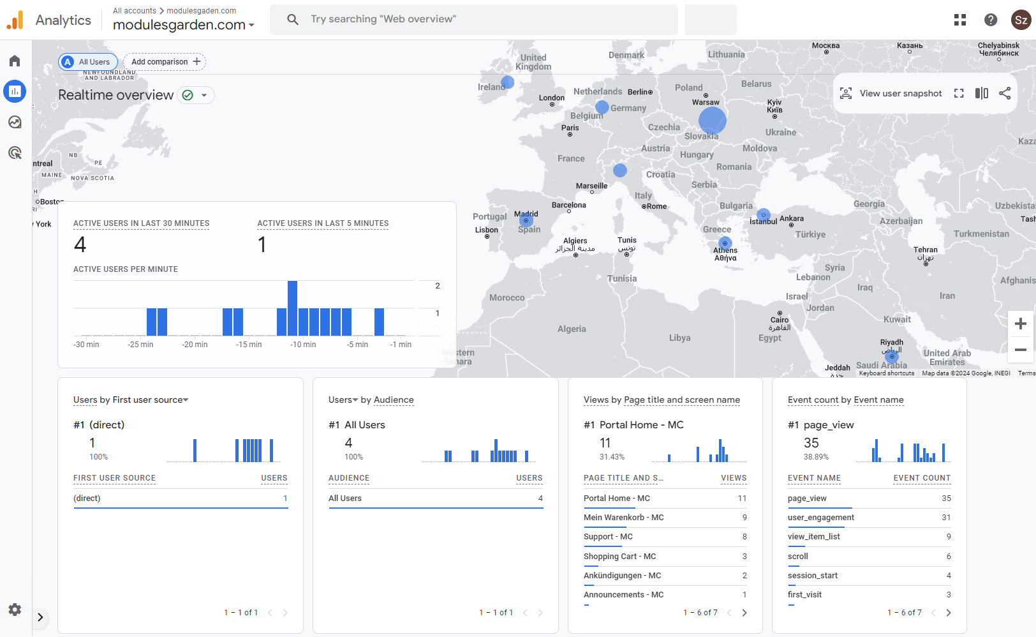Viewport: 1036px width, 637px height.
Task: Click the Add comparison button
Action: pyautogui.click(x=165, y=62)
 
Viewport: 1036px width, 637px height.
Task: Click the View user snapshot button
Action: pyautogui.click(x=891, y=93)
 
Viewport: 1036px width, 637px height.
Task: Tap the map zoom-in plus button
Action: pyautogui.click(x=1020, y=324)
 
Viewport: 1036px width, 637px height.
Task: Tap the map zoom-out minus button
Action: pyautogui.click(x=1020, y=350)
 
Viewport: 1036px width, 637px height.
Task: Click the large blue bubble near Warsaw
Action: pyautogui.click(x=712, y=120)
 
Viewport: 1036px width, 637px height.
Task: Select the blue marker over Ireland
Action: pyautogui.click(x=507, y=82)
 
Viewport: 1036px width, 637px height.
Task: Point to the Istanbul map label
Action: pyautogui.click(x=763, y=221)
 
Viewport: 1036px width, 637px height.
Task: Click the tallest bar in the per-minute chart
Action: pyautogui.click(x=292, y=308)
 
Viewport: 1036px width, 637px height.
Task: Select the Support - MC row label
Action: pyautogui.click(x=608, y=537)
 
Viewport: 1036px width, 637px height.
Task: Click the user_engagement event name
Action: pyautogui.click(x=820, y=518)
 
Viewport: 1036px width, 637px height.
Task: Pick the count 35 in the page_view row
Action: pyautogui.click(x=946, y=498)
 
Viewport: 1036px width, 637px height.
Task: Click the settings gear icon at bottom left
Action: pyautogui.click(x=15, y=610)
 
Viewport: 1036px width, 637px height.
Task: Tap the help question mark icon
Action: pyautogui.click(x=990, y=20)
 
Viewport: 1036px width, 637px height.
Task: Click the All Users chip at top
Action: pyautogui.click(x=88, y=62)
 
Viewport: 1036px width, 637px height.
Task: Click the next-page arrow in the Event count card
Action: pyautogui.click(x=948, y=613)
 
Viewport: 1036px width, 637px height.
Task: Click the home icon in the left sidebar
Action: pyautogui.click(x=15, y=61)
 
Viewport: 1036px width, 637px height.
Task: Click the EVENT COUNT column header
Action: pyautogui.click(x=921, y=478)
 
